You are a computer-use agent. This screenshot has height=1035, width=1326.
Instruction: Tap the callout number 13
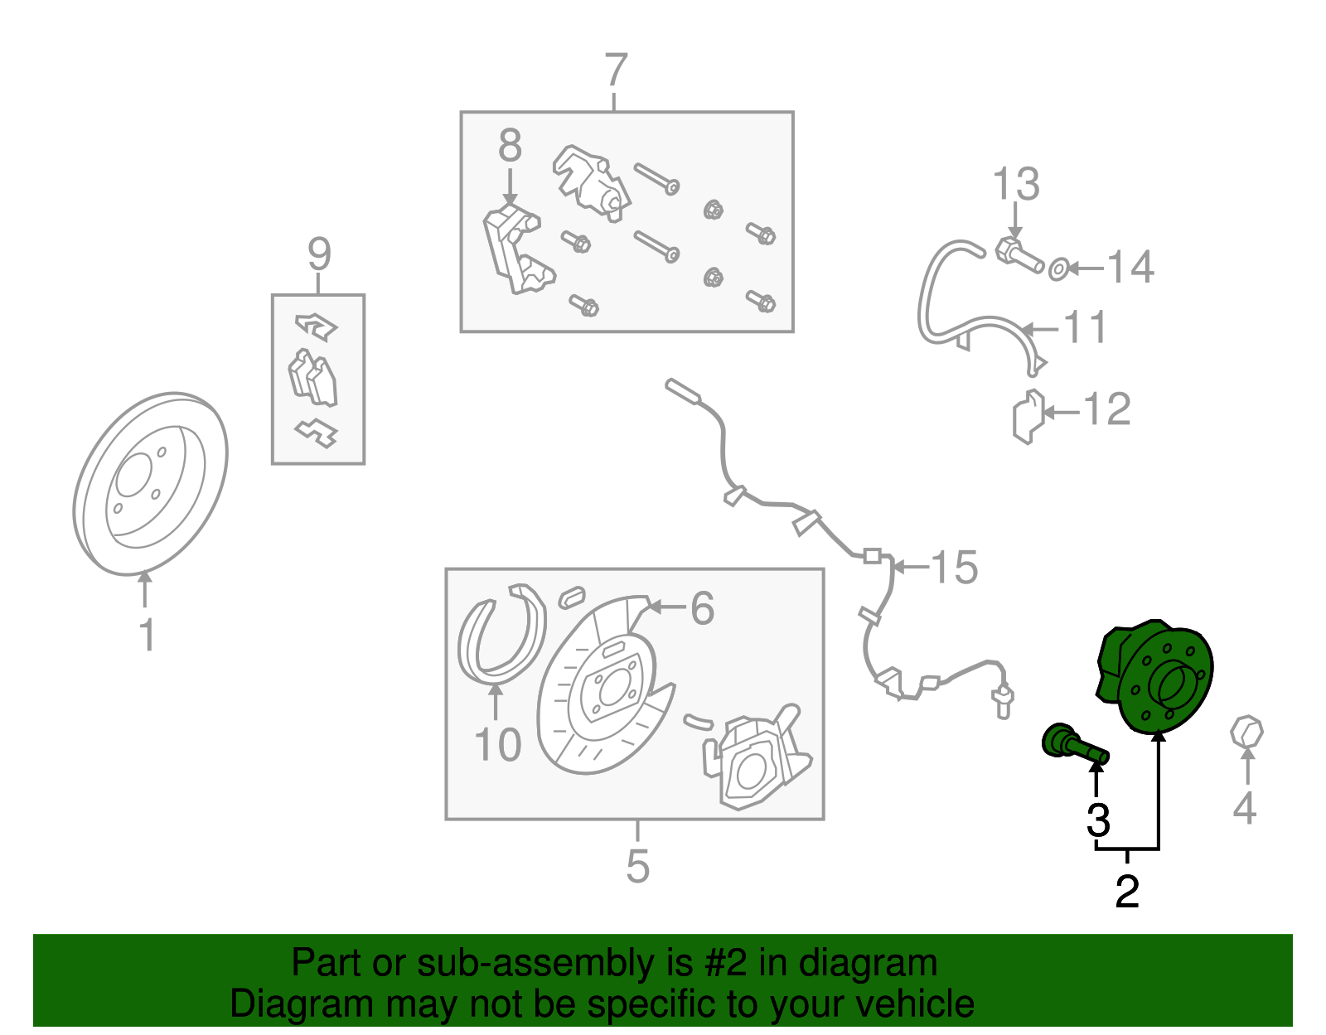tap(1016, 183)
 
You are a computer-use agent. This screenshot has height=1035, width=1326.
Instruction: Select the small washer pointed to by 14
tap(1058, 268)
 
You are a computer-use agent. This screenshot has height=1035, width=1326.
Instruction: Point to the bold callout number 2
tap(1127, 892)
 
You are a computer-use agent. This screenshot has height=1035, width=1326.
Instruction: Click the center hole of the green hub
tap(1168, 684)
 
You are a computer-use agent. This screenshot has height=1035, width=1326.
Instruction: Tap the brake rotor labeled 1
tap(150, 484)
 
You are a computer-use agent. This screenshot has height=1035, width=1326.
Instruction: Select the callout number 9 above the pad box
tap(319, 254)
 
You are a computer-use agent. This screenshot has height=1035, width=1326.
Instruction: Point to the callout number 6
tap(702, 608)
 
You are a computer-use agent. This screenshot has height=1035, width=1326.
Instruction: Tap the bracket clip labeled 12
tap(1028, 417)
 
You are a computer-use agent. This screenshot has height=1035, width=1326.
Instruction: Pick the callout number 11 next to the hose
tap(1085, 326)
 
